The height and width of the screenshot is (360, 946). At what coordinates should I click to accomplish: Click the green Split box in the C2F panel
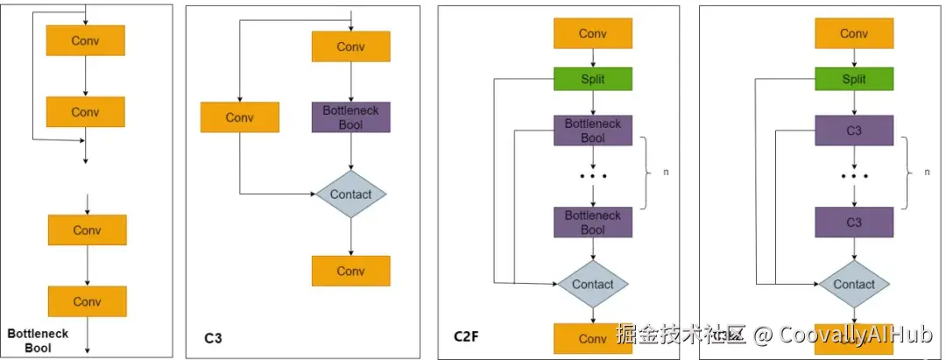(x=593, y=79)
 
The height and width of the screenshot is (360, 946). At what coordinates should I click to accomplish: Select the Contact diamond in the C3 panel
(x=350, y=194)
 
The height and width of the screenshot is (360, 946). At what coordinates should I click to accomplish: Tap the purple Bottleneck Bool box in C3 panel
(x=350, y=117)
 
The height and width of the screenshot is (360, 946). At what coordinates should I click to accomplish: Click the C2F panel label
(x=466, y=335)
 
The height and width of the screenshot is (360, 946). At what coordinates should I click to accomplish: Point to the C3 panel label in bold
(x=213, y=335)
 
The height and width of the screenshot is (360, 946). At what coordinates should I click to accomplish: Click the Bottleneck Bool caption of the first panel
(x=38, y=341)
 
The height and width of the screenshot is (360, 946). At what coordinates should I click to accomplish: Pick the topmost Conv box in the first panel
(x=85, y=39)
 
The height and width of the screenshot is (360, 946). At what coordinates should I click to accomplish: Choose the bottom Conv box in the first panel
(x=87, y=301)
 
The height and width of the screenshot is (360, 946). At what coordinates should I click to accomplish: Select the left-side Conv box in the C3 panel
(x=239, y=117)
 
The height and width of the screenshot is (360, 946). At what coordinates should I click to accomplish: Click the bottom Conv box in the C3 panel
(x=350, y=271)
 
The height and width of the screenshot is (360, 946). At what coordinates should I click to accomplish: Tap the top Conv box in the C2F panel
(x=593, y=33)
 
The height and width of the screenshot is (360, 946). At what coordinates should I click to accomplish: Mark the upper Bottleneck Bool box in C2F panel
(x=593, y=131)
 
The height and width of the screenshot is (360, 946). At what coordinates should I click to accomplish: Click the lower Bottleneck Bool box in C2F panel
(x=593, y=222)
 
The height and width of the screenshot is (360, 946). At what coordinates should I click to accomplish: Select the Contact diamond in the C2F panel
(x=593, y=284)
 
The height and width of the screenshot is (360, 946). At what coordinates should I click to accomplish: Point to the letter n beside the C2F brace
(x=666, y=173)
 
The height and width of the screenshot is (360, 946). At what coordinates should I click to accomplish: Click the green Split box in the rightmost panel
(x=854, y=79)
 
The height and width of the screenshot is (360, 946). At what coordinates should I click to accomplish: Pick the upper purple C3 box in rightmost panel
(x=854, y=131)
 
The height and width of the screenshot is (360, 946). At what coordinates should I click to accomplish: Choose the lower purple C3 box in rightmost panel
(x=854, y=222)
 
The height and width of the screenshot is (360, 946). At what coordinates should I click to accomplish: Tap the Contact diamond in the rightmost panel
(x=854, y=284)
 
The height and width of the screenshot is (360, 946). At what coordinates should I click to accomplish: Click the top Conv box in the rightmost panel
(x=854, y=33)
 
